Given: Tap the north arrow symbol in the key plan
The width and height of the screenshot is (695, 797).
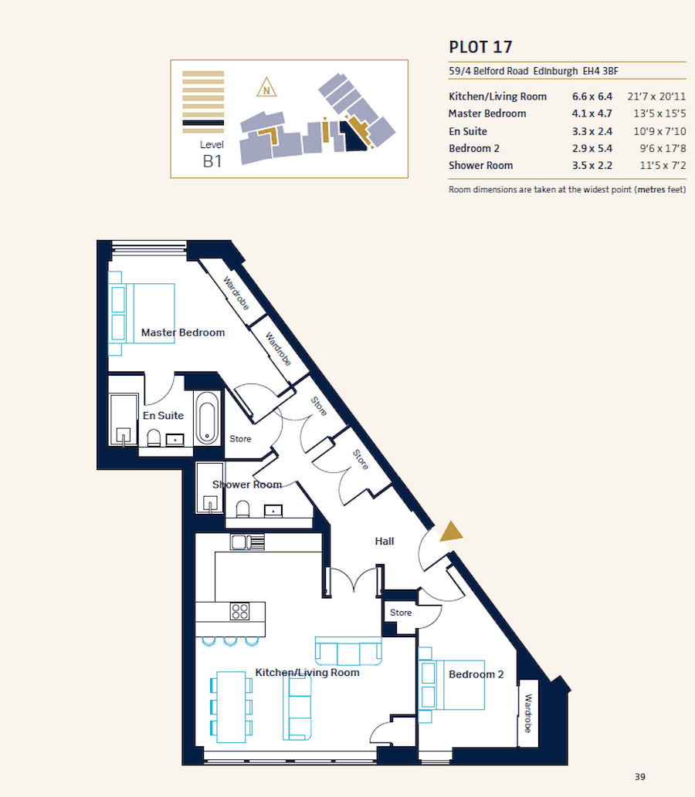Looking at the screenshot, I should coord(267,88).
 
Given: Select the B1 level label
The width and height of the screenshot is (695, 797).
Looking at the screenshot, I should coord(212,161).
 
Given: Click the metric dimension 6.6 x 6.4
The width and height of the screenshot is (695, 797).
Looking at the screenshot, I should coord(592,96).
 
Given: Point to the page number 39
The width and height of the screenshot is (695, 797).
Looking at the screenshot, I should coord(639,776).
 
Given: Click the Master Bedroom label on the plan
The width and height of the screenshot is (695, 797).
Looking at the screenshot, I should coord(183,333).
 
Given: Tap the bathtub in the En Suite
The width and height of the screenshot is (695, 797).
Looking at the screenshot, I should coord(207,417).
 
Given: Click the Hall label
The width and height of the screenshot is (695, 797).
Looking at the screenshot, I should coord(385,541).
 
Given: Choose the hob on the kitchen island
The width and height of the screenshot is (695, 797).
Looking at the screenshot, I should coord(240,612).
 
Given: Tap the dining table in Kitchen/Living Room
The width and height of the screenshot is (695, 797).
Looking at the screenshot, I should coord(232,707).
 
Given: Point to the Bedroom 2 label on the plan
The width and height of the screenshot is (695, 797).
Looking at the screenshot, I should coord(476,674).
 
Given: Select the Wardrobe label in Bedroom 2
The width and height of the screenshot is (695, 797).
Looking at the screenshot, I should coord(529,714).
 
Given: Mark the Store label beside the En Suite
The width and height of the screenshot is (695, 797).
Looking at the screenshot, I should coord(240,439).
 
